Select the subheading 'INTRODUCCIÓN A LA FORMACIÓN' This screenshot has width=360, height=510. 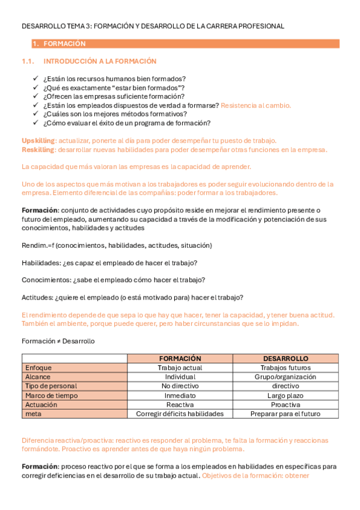click(x=100, y=61)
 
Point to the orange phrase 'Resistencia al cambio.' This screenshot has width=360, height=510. click(x=256, y=105)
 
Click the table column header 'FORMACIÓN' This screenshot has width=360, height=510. click(x=180, y=358)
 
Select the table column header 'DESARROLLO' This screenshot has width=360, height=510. click(x=285, y=358)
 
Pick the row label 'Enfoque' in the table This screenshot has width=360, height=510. click(x=38, y=367)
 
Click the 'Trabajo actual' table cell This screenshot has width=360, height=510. click(x=180, y=367)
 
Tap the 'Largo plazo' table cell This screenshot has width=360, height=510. click(x=285, y=395)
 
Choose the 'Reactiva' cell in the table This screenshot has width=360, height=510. click(x=180, y=405)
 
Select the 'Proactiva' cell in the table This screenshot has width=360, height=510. click(x=285, y=405)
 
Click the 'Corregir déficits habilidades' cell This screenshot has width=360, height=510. click(x=180, y=414)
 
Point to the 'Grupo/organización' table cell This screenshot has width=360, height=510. click(x=285, y=376)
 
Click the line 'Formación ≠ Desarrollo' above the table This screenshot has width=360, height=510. click(x=58, y=341)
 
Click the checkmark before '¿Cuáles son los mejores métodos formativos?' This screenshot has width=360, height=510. click(x=36, y=114)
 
